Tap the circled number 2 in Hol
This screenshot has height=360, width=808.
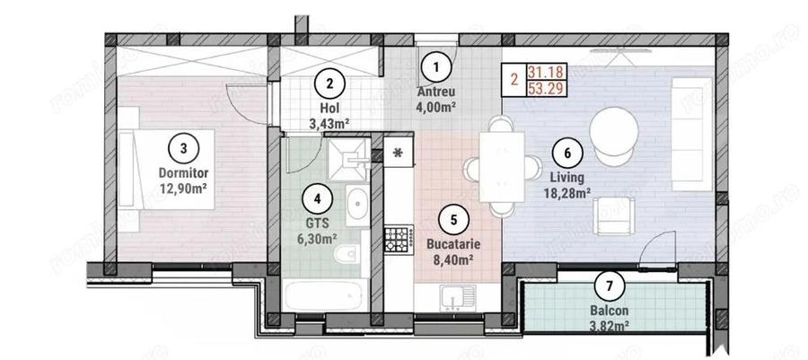pyautogui.click(x=329, y=83)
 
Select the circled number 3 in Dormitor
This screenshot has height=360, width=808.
pyautogui.click(x=183, y=147)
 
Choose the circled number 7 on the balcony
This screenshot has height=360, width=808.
pyautogui.click(x=610, y=287)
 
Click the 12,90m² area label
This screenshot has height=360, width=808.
pyautogui.click(x=183, y=189)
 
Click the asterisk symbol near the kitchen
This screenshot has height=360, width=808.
pyautogui.click(x=399, y=153)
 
